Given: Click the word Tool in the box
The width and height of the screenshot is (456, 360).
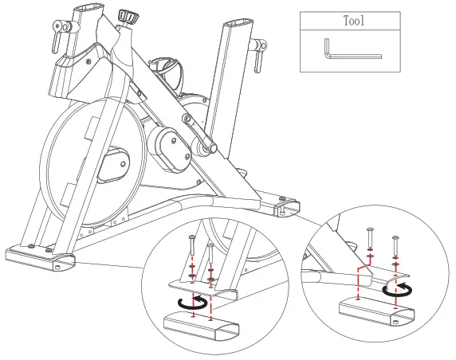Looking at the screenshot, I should pyautogui.click(x=353, y=21).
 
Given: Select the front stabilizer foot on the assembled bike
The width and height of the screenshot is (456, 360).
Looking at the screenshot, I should pyautogui.click(x=39, y=257).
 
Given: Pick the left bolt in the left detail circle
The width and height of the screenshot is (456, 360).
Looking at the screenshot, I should pyautogui.click(x=192, y=251).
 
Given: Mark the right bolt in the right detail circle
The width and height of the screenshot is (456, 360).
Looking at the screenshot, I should pyautogui.click(x=395, y=247).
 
